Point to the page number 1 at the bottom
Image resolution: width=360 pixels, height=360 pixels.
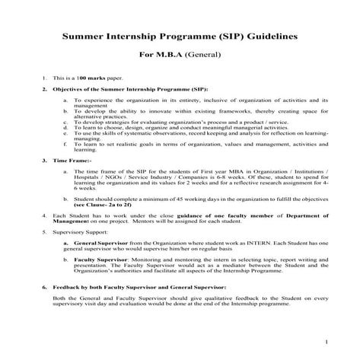(x=346, y=342)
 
